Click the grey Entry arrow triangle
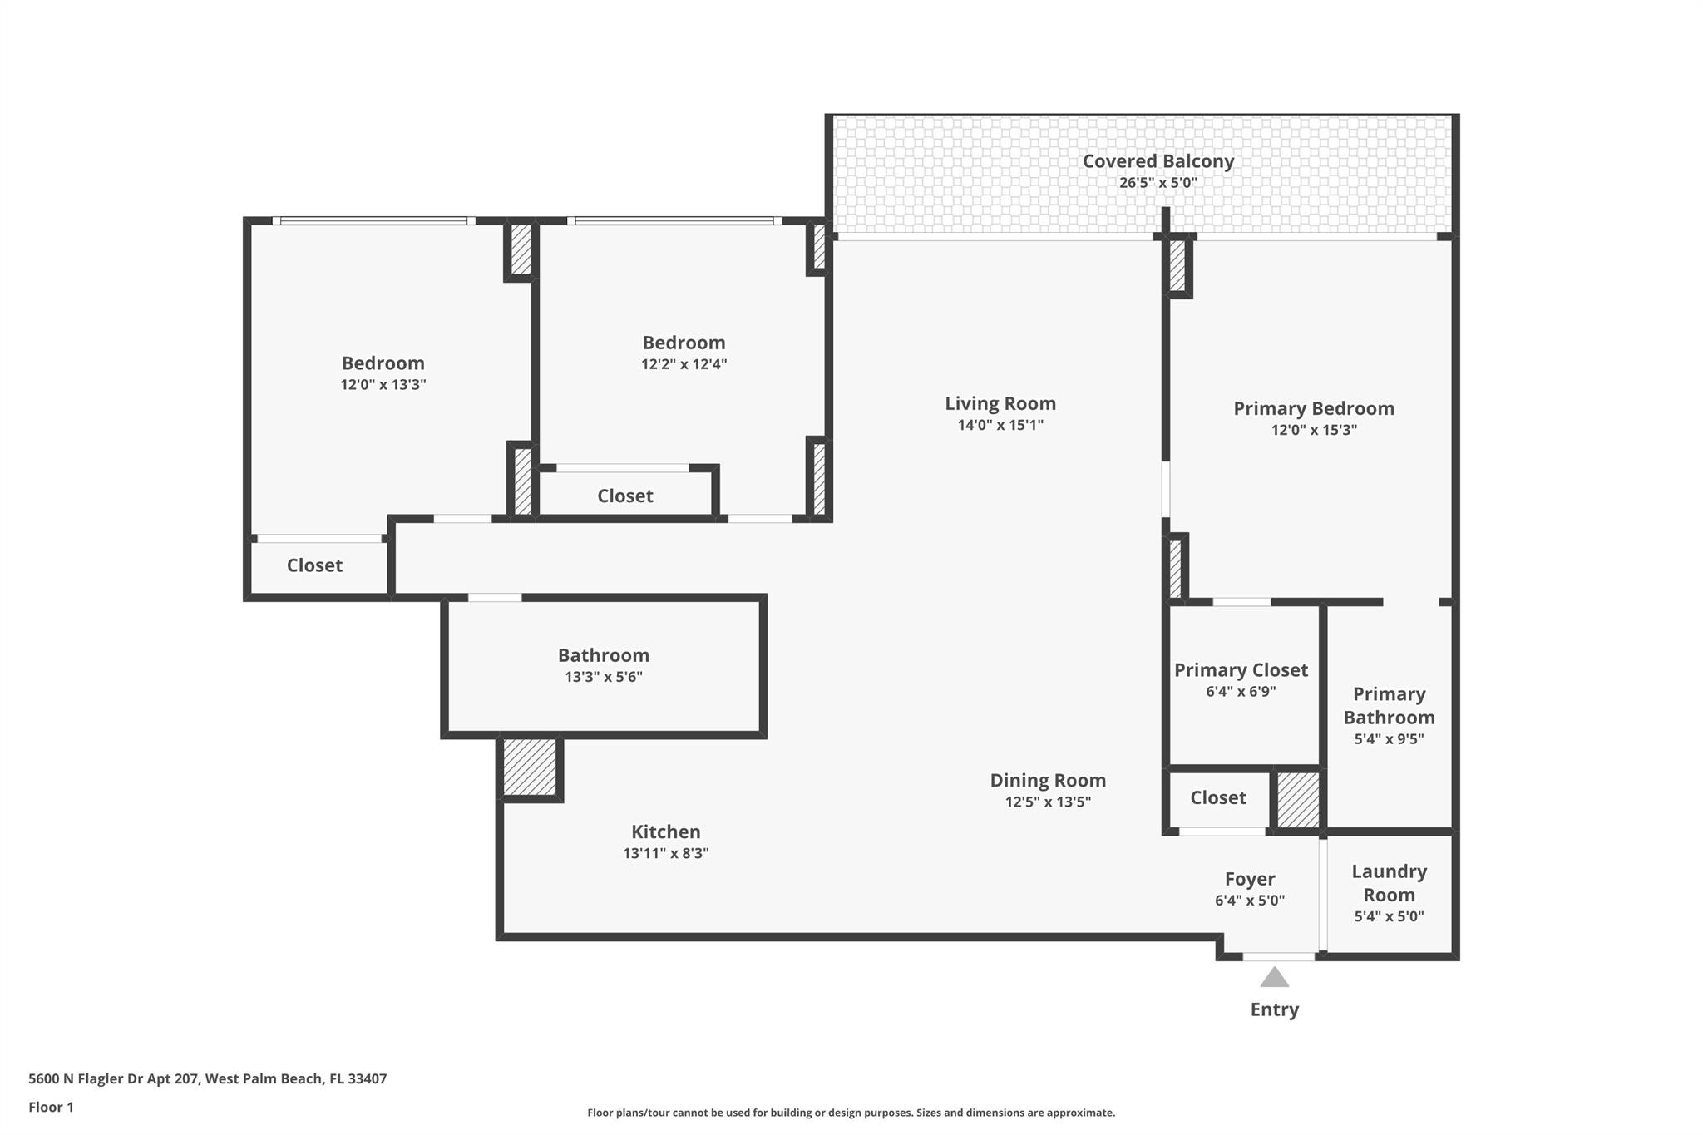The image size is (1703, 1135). coord(1274,977)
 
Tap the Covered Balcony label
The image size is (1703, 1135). coord(1158,161)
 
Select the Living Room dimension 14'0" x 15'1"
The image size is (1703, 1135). coord(1000,425)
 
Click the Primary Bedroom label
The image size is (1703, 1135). coord(1313,408)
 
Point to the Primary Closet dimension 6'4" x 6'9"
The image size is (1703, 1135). coord(1241,691)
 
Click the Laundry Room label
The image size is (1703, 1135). coord(1389,883)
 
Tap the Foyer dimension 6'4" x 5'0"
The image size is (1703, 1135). coord(1249,900)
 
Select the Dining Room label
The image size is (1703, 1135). coord(1048,780)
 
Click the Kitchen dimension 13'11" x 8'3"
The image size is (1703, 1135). coord(665,853)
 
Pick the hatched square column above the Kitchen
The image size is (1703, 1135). coord(530,767)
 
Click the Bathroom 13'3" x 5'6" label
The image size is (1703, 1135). coord(603,656)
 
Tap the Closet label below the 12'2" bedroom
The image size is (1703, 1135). coord(624,496)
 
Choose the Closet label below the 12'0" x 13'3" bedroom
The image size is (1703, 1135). coord(314,565)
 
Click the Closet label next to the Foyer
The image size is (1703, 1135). coord(1217,798)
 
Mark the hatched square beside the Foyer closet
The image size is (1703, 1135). coord(1297,800)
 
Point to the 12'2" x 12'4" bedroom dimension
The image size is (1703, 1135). coord(684,364)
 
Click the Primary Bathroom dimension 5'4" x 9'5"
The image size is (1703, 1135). coord(1389,738)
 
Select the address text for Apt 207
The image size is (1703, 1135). coord(207,1078)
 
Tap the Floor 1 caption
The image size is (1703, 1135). coord(51,1107)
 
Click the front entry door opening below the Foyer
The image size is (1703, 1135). coord(1278,957)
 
